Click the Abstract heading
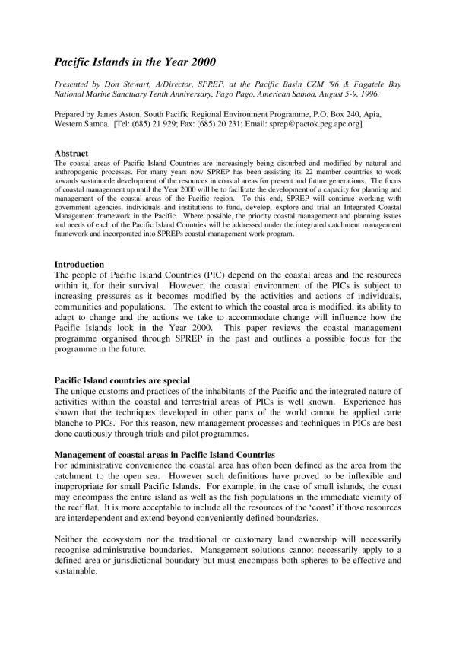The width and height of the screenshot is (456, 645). (71, 154)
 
